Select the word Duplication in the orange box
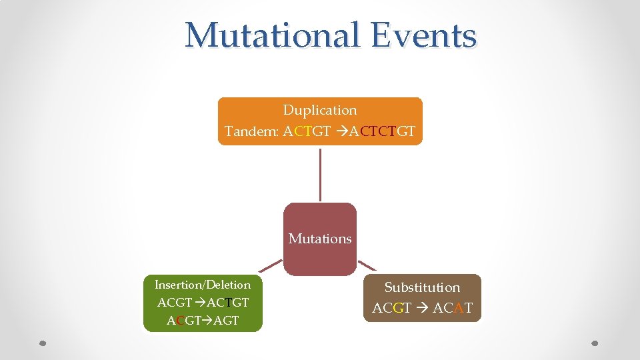(x=320, y=110)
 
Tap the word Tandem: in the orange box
(x=252, y=131)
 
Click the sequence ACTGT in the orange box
(x=307, y=131)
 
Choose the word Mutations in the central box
(x=320, y=239)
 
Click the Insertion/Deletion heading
(x=203, y=285)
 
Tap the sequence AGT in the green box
(x=226, y=320)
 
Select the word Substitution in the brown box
(x=422, y=287)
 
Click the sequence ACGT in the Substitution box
(x=391, y=308)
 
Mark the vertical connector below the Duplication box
(x=320, y=174)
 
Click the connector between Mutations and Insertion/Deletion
(x=270, y=266)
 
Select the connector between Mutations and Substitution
(x=367, y=265)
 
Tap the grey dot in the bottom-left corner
(x=43, y=343)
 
